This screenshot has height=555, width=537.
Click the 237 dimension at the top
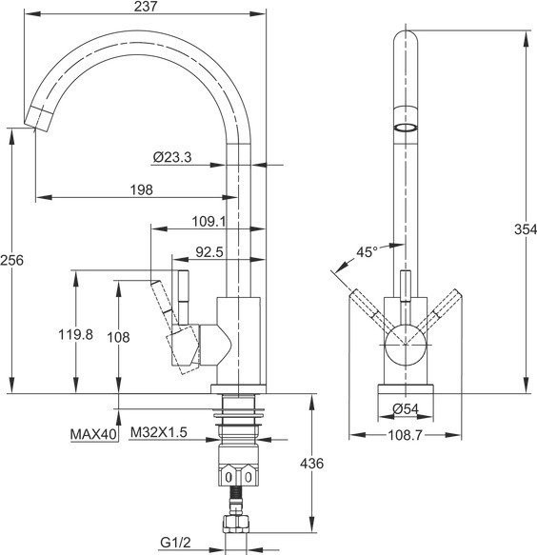[x=145, y=7]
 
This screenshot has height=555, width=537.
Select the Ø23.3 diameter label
[x=172, y=157]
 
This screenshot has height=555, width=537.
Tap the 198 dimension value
[x=141, y=190]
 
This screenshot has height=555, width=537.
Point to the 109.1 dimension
[x=209, y=222]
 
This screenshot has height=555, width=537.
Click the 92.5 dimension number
[x=209, y=252]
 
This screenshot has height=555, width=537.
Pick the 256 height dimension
[x=11, y=260]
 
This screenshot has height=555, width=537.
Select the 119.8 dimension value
[x=76, y=334]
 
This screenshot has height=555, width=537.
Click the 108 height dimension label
[x=118, y=337]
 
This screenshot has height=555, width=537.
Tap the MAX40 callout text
[x=93, y=434]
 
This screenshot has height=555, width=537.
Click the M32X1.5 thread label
[x=159, y=432]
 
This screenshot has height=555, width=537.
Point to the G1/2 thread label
[x=175, y=542]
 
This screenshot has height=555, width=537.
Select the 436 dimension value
[x=311, y=463]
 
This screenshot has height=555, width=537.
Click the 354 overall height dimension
[x=526, y=229]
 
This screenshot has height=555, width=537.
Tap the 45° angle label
[x=367, y=252]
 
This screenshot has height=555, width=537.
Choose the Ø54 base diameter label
[x=406, y=409]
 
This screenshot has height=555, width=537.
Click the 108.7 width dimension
[x=406, y=435]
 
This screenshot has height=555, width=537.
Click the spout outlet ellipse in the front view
[x=406, y=128]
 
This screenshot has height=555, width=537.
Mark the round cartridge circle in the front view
[x=406, y=344]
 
